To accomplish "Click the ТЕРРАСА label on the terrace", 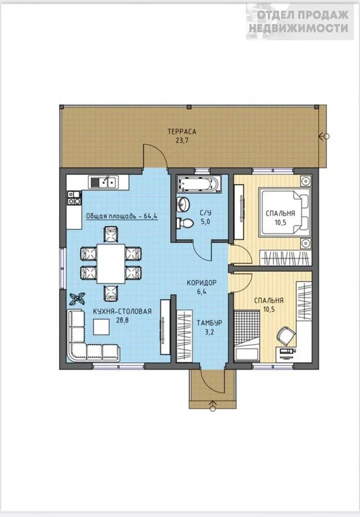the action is coord(182,131).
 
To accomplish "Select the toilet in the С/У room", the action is coord(184,223).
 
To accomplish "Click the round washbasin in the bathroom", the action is coord(183,205).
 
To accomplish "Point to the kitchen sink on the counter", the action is coord(102,182).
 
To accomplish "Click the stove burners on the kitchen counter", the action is coord(74,198).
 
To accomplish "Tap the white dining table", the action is coord(111,263).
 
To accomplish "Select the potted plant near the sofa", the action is coord(77,299).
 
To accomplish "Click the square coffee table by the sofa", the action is coord(102,326).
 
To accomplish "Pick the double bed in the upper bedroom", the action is coord(285,212).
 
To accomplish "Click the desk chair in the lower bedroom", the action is coord(286,336).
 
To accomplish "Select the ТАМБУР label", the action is coord(209,323).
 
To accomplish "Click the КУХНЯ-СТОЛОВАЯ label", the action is coord(122,311).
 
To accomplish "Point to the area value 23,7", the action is coord(182,140).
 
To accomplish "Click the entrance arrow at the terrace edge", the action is coord(324,136).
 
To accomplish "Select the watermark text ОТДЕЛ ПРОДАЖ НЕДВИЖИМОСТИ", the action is coord(299,22).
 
